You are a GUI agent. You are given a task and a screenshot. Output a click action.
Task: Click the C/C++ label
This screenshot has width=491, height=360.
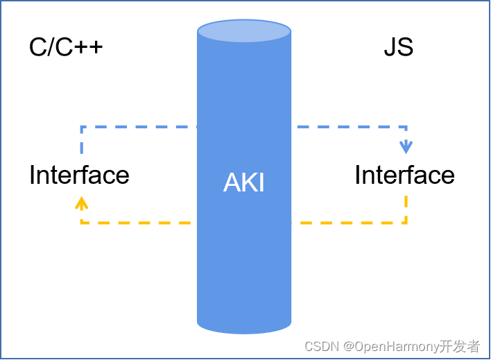tap(66, 47)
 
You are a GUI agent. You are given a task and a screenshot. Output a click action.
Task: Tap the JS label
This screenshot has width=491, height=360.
tap(398, 47)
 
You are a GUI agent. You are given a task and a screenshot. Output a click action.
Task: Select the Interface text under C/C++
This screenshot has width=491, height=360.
tap(79, 175)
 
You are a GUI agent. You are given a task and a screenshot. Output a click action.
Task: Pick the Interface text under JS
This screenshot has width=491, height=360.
tap(404, 175)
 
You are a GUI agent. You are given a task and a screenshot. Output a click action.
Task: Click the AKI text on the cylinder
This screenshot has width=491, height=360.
tap(244, 182)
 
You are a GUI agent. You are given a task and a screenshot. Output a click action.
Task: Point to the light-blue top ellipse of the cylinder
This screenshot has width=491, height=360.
tap(244, 31)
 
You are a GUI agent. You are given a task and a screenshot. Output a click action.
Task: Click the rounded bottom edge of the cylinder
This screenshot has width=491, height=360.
tap(244, 329)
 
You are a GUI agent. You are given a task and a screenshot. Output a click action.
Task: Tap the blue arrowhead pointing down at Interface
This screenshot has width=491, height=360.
tap(406, 148)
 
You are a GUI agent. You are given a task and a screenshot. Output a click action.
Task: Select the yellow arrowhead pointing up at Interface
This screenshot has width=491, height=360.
tap(82, 202)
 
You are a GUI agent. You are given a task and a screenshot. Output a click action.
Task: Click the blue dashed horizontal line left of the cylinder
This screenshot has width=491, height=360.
tap(139, 127)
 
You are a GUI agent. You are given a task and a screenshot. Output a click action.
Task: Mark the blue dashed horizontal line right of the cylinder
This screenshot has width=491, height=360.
tap(347, 127)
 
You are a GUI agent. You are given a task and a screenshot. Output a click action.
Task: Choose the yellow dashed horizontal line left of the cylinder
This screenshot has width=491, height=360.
tap(139, 223)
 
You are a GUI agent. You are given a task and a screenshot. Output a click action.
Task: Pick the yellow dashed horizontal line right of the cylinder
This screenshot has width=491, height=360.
tap(347, 223)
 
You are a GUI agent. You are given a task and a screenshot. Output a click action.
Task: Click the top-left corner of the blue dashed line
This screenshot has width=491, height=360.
tap(82, 127)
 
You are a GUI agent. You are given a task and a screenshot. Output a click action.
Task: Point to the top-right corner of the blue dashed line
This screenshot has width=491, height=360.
tap(406, 127)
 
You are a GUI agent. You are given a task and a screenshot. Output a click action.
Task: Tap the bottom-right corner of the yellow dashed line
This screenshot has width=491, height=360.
tap(406, 223)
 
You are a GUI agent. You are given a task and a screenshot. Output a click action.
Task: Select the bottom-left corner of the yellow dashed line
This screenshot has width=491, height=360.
tap(82, 223)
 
